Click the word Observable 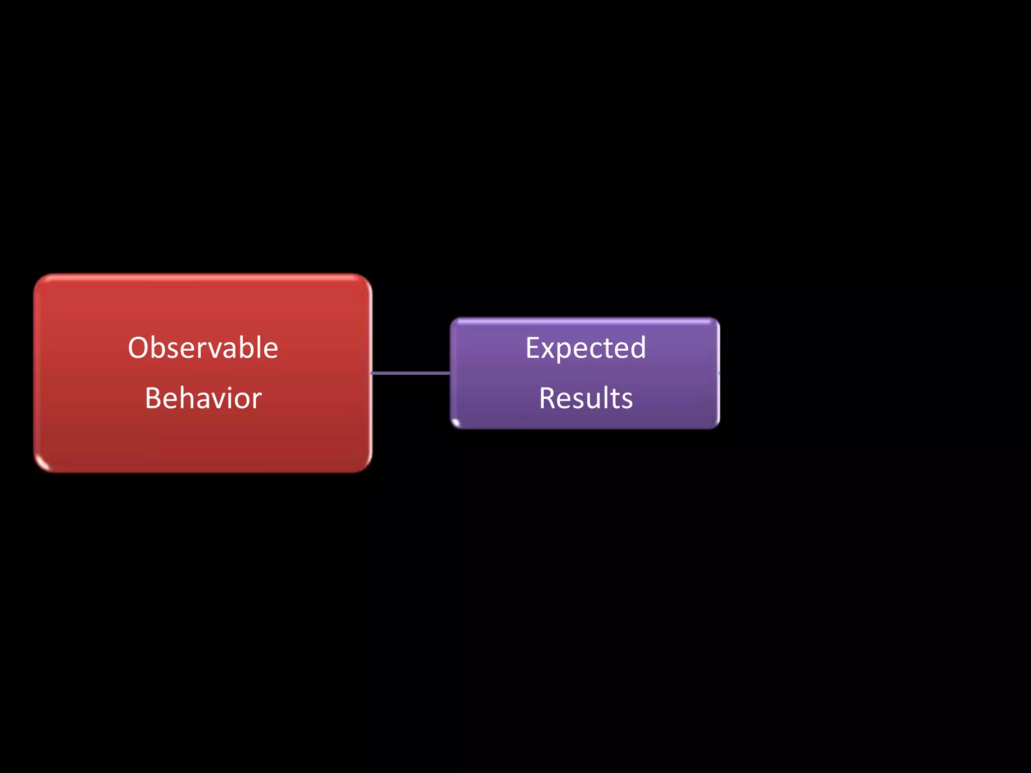point(203,348)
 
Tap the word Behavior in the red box point(203,398)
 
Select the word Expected point(585,348)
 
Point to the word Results point(585,398)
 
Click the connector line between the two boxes point(410,373)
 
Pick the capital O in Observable point(138,348)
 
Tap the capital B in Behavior point(153,398)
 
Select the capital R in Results point(548,398)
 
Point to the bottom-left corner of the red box point(38,469)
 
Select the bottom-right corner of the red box point(369,469)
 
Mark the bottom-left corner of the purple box point(453,425)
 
